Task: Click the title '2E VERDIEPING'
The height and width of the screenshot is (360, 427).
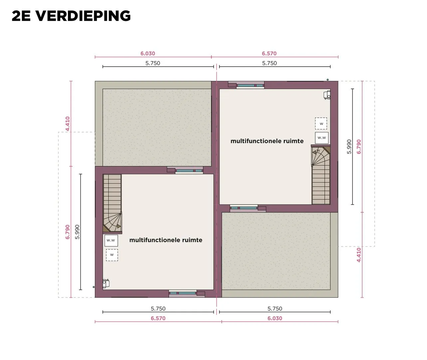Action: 71,16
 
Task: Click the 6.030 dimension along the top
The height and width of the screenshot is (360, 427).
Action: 147,53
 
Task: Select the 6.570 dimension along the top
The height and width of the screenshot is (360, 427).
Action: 269,53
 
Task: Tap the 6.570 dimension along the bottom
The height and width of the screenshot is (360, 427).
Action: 158,318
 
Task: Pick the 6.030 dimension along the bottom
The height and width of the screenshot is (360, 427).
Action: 275,318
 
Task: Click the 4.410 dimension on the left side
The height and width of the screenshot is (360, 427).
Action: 68,124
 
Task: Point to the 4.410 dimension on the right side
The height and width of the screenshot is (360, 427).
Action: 359,255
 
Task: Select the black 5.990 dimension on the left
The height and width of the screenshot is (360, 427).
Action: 77,232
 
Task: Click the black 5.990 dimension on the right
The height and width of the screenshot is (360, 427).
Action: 349,147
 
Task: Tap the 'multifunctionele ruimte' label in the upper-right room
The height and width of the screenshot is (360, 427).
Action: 267,141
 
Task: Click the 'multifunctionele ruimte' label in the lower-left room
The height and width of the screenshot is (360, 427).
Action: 166,240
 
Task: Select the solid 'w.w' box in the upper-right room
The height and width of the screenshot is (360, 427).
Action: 321,138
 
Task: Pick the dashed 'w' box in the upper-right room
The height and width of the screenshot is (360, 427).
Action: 321,123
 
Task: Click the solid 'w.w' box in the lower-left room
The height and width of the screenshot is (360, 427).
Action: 111,240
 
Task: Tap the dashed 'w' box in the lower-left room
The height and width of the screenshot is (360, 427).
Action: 112,255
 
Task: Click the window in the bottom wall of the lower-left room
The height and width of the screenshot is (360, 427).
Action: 183,293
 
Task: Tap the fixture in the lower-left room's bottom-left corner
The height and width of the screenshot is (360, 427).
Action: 106,283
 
